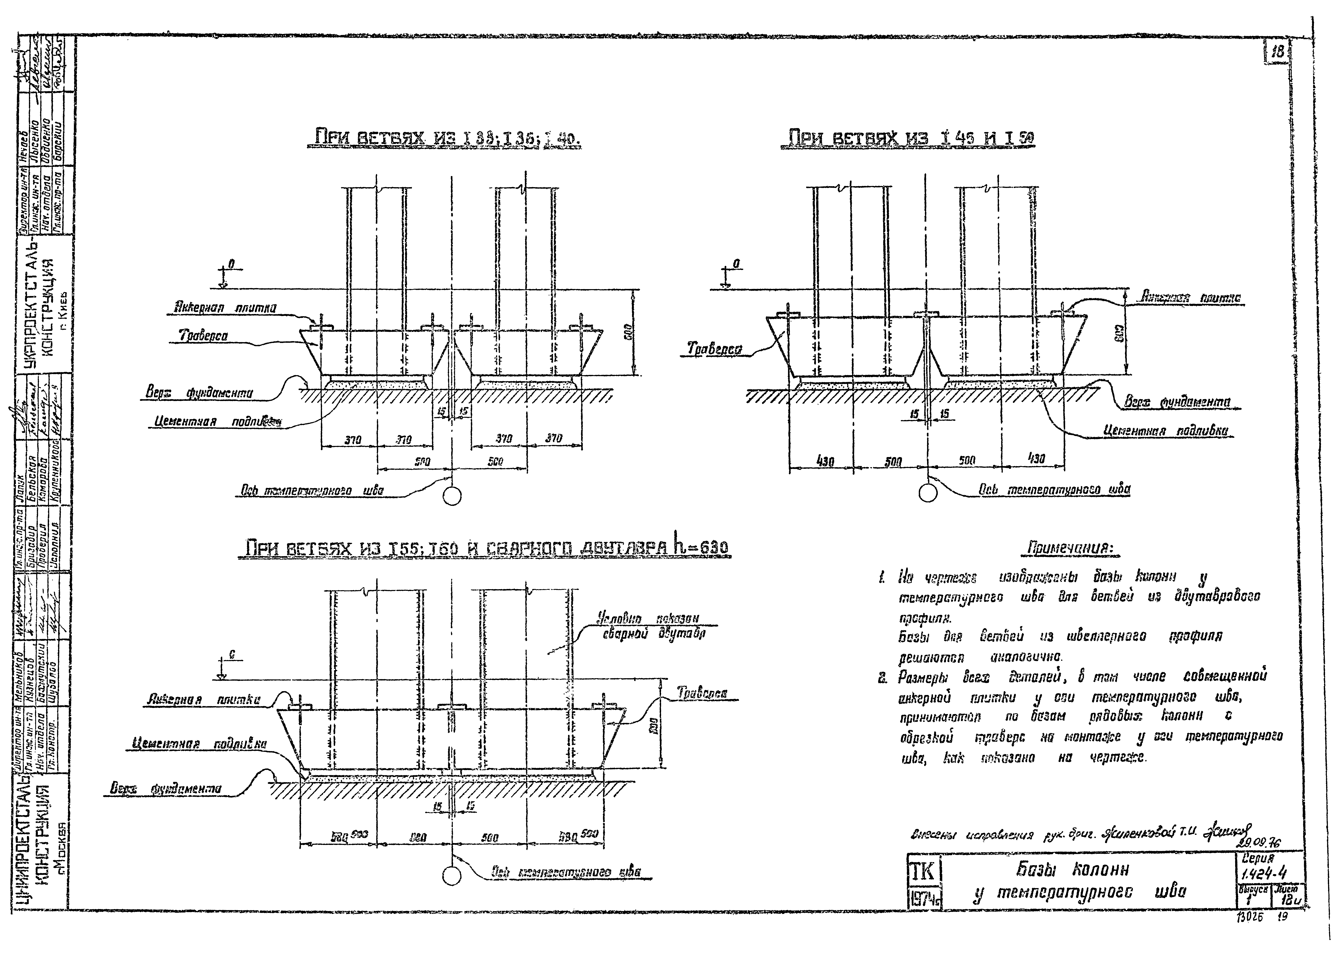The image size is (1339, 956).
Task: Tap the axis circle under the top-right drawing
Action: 927,493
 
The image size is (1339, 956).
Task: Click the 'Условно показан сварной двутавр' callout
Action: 648,626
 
